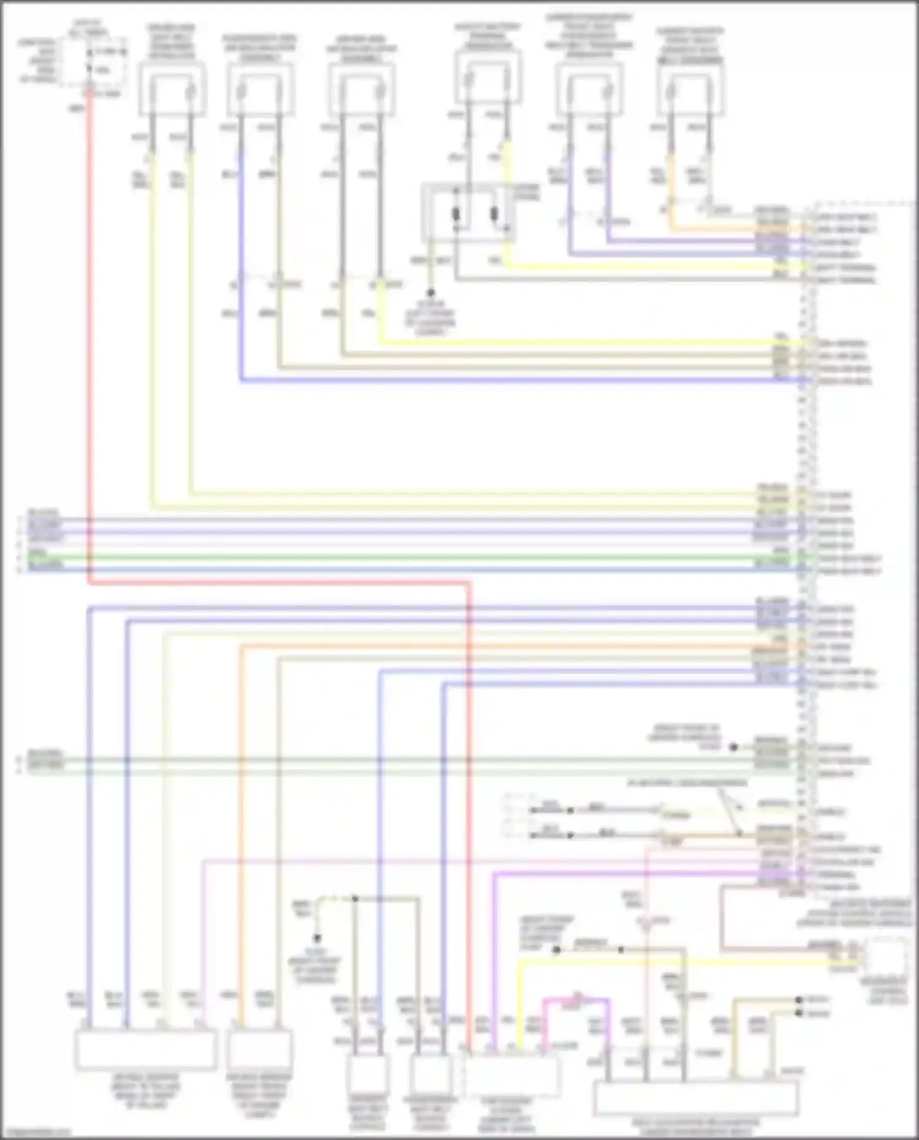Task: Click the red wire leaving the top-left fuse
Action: (x=89, y=306)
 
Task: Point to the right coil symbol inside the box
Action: (x=494, y=214)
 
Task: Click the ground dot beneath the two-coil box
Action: (x=431, y=293)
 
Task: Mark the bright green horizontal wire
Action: (x=429, y=557)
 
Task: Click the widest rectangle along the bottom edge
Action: (x=697, y=1098)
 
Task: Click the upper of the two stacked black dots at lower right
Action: (x=799, y=1000)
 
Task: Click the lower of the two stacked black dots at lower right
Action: (x=799, y=1014)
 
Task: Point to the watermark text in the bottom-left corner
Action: (x=36, y=1132)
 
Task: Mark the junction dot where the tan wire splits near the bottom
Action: (x=354, y=899)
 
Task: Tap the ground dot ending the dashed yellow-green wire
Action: (x=317, y=938)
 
